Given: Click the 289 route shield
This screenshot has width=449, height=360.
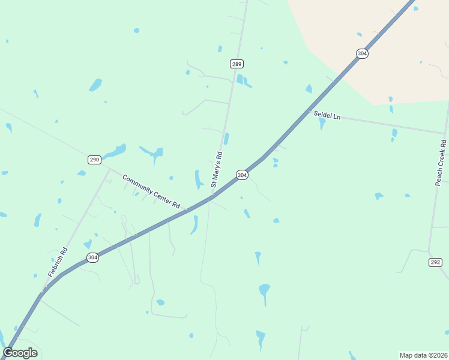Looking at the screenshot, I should (237, 64).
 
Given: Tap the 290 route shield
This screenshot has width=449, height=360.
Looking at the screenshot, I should (94, 160).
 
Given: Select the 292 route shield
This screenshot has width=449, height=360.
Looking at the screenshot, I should (436, 262).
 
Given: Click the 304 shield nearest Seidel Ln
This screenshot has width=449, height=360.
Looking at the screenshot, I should (362, 53).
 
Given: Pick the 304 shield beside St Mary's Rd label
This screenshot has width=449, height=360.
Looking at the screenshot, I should (241, 175).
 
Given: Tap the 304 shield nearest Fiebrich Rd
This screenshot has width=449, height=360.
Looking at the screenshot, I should (92, 257).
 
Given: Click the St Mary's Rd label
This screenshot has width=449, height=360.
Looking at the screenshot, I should (217, 168).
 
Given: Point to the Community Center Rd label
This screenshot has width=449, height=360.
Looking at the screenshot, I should (151, 191).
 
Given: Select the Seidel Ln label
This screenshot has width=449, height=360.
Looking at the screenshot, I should (327, 115).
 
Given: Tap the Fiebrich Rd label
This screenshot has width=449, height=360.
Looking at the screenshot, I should (58, 262).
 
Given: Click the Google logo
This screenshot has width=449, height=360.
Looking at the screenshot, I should (20, 353).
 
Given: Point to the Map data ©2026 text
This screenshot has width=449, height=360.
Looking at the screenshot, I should (423, 355).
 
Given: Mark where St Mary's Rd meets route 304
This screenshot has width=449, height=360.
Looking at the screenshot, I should (212, 195).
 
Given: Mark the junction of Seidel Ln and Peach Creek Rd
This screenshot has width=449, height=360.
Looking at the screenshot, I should (445, 133).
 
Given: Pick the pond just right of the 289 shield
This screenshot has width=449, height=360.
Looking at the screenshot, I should (242, 80).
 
